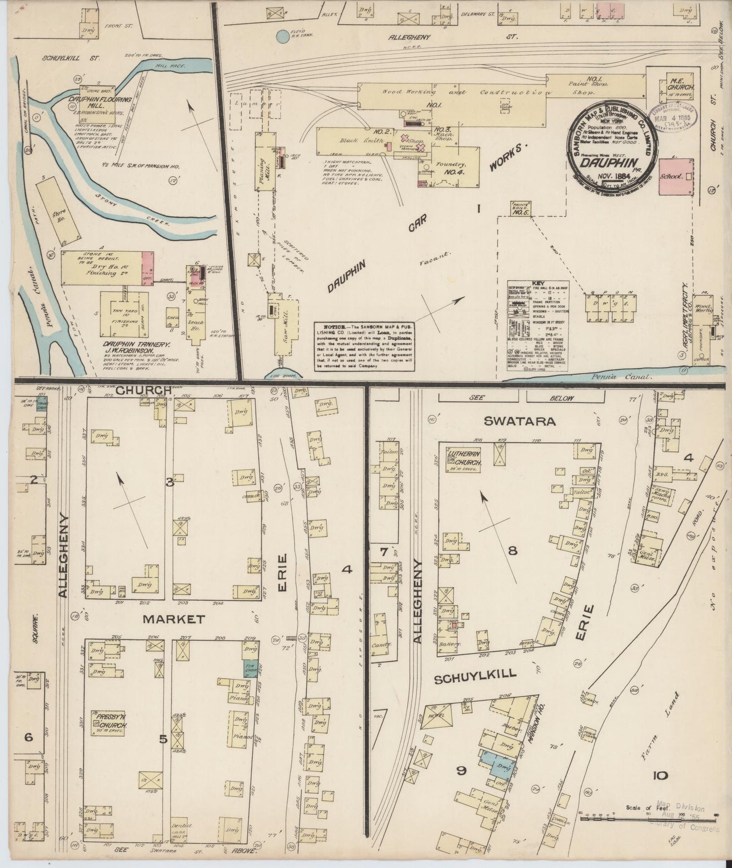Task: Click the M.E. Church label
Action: click(679, 87)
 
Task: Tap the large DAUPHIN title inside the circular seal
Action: click(606, 164)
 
